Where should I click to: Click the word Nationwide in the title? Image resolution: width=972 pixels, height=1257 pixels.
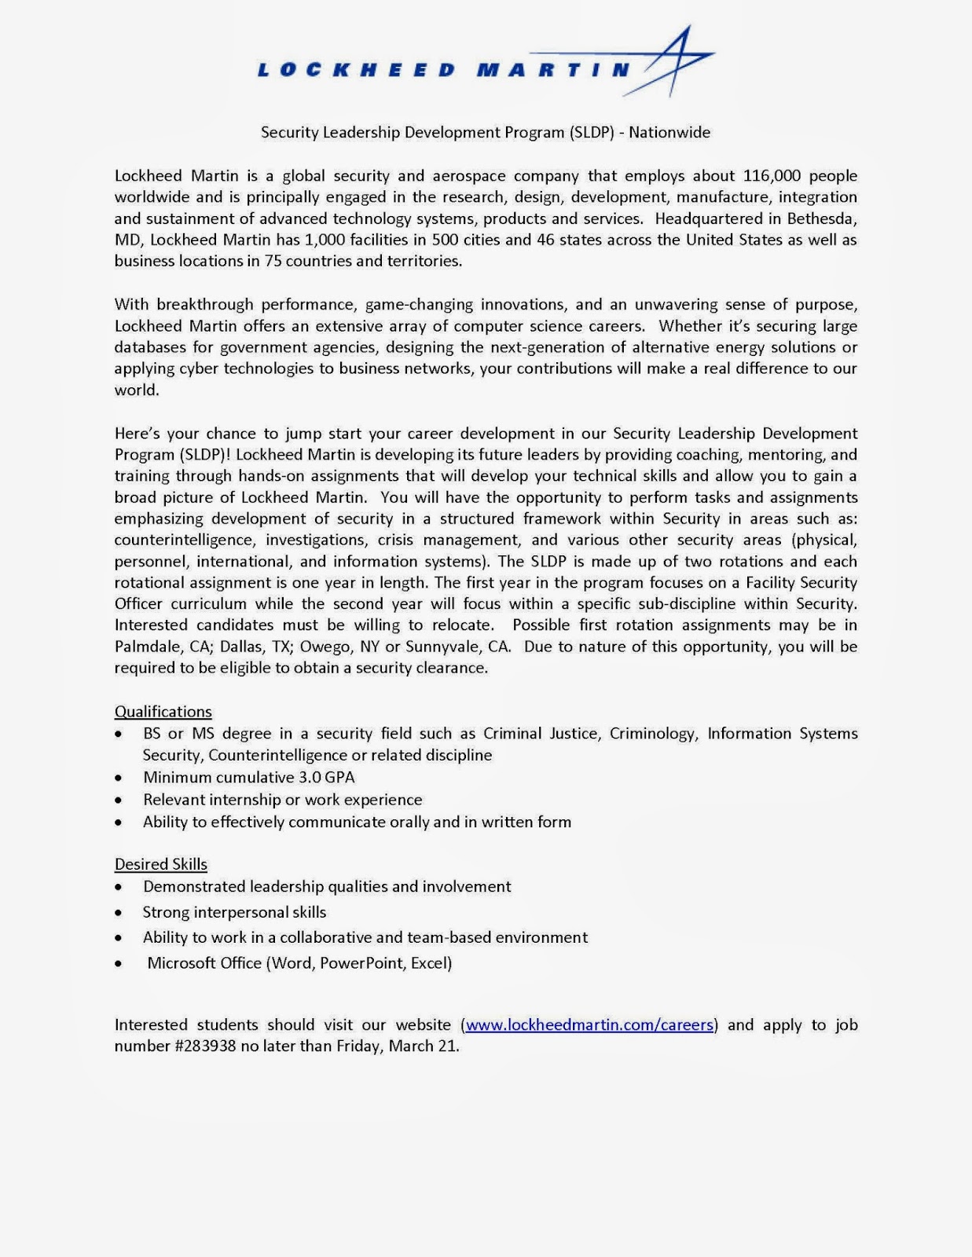tap(669, 133)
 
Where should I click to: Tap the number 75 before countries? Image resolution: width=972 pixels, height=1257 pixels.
tap(273, 261)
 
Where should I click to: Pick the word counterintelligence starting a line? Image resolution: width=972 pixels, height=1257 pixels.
tap(185, 541)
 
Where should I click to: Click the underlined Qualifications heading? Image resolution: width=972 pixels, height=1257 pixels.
tap(163, 712)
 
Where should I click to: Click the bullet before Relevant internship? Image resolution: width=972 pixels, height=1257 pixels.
tap(118, 801)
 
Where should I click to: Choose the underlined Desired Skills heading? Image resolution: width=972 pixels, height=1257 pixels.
tap(161, 864)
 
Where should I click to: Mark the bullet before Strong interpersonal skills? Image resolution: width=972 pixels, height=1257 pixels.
tap(118, 913)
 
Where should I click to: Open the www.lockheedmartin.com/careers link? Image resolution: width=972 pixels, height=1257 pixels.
tap(589, 1025)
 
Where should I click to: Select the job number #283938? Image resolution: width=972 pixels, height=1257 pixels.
tap(197, 1046)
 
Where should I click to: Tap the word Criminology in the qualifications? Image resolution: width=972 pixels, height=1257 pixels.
tap(653, 734)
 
